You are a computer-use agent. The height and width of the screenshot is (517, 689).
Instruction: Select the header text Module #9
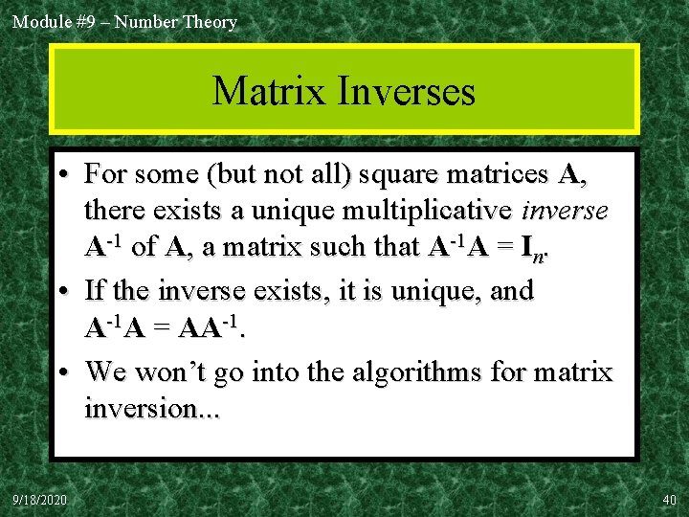pyautogui.click(x=54, y=21)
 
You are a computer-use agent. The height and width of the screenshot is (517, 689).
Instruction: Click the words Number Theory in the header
pyautogui.click(x=176, y=21)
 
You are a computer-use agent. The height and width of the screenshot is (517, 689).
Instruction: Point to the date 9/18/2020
pyautogui.click(x=40, y=500)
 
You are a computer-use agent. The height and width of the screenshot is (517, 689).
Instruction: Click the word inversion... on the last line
pyautogui.click(x=152, y=409)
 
